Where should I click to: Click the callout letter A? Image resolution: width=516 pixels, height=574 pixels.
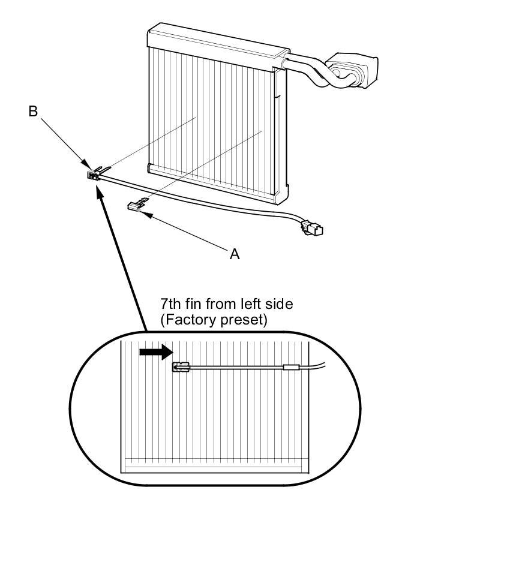click(x=235, y=254)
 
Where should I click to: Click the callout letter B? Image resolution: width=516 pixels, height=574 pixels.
click(x=34, y=111)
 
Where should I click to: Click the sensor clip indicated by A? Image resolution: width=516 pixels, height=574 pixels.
click(x=136, y=206)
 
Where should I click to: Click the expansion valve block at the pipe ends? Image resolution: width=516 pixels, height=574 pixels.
click(x=355, y=67)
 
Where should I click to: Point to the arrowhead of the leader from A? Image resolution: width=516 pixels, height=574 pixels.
click(x=144, y=212)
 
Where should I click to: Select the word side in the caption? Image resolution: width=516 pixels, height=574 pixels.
click(x=278, y=304)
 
